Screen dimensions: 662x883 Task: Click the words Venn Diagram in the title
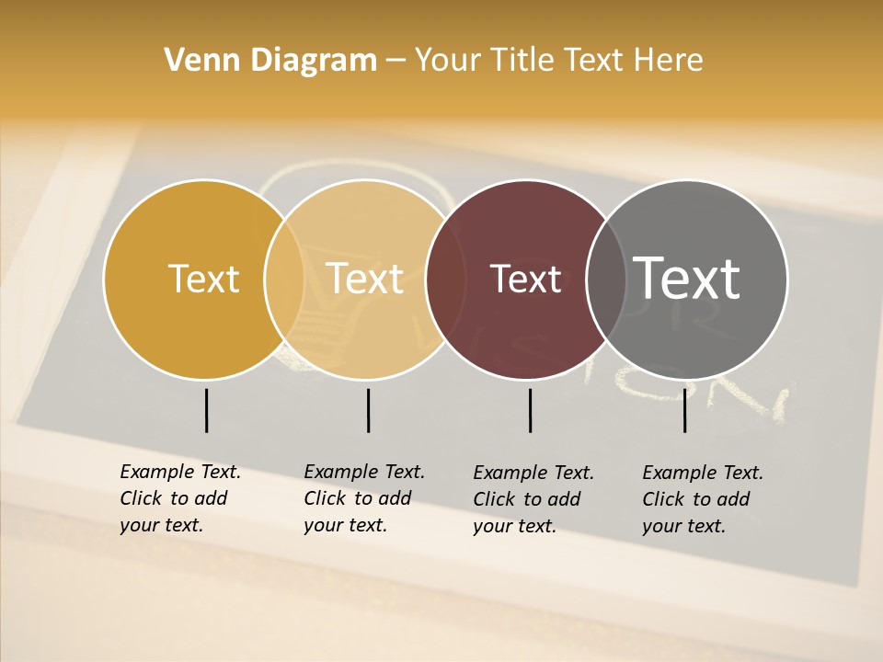pyautogui.click(x=270, y=61)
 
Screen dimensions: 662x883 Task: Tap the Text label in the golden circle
pyautogui.click(x=203, y=279)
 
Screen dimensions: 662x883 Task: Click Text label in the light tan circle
pyautogui.click(x=365, y=279)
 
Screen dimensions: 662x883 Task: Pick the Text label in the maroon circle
pyautogui.click(x=525, y=279)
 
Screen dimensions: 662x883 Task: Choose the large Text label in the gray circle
pyautogui.click(x=687, y=278)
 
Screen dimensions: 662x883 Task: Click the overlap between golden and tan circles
pyautogui.click(x=284, y=279)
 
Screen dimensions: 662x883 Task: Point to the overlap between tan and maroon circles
pyautogui.click(x=445, y=279)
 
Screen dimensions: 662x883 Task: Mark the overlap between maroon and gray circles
pyautogui.click(x=606, y=279)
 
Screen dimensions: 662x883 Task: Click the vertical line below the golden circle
pyautogui.click(x=206, y=410)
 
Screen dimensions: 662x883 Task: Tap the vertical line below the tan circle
pyautogui.click(x=368, y=410)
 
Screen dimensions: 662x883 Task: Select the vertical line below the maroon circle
pyautogui.click(x=530, y=410)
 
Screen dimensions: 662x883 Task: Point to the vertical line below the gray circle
pyautogui.click(x=684, y=410)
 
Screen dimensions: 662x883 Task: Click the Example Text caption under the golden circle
pyautogui.click(x=180, y=498)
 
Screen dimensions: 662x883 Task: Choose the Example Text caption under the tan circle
pyautogui.click(x=364, y=498)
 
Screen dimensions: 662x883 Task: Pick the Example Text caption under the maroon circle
pyautogui.click(x=533, y=499)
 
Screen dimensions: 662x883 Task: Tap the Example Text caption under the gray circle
pyautogui.click(x=703, y=499)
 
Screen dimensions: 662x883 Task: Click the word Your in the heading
pyautogui.click(x=448, y=61)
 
